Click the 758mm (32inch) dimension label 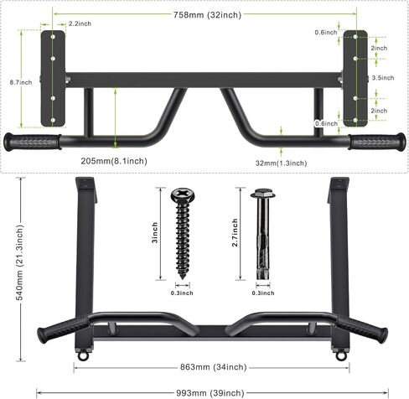(207, 15)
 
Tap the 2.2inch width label (80, 23)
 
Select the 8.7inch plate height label (21, 82)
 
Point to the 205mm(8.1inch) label (114, 161)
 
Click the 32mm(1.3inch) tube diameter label (281, 163)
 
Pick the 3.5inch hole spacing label (383, 78)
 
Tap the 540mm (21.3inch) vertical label (20, 262)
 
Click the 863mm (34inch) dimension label (214, 367)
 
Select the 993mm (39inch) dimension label (210, 393)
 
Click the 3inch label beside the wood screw (154, 232)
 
